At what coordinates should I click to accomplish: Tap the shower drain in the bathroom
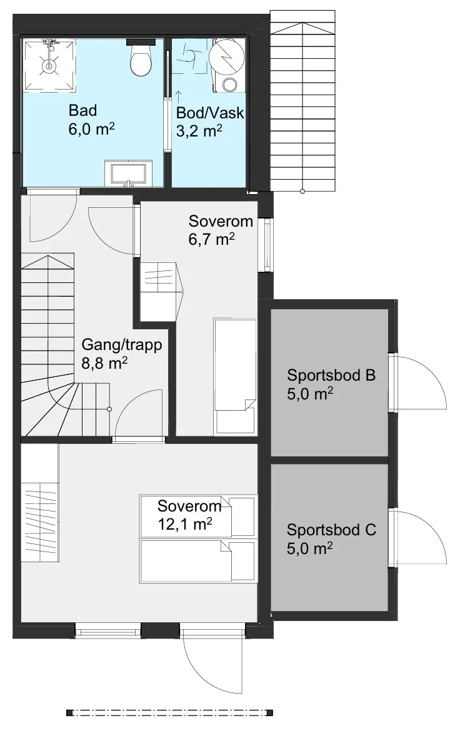pos(48,66)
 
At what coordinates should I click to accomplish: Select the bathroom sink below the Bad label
pos(128,173)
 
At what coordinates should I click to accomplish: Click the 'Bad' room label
pos(82,110)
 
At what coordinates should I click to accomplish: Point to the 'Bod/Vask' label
pos(210,113)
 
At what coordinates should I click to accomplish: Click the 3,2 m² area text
pos(199,131)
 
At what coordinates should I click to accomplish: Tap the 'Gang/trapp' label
pos(122,345)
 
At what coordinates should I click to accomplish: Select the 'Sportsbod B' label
pos(331,375)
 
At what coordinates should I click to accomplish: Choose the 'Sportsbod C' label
pos(331,530)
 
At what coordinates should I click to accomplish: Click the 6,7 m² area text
pos(211,239)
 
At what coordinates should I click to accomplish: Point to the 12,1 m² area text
pos(185,524)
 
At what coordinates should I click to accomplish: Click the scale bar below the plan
pos(170,712)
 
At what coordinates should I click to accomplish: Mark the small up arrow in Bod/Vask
pos(179,97)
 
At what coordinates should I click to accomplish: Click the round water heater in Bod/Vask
pos(226,57)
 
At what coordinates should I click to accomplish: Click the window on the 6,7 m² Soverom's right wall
pos(267,244)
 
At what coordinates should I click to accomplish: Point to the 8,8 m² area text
pos(104,363)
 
